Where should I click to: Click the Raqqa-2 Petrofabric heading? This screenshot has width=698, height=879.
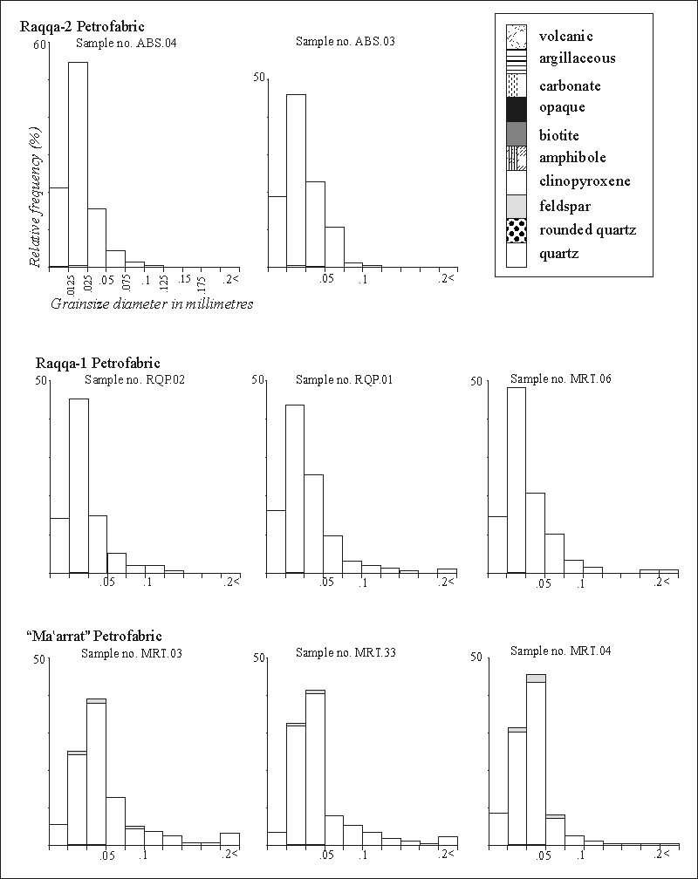click(88, 25)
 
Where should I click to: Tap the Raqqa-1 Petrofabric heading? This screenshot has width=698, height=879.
click(98, 363)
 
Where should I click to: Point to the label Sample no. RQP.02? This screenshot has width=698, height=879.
click(134, 379)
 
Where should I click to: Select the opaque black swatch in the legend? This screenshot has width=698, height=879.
click(517, 108)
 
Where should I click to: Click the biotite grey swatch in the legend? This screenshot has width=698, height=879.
click(517, 133)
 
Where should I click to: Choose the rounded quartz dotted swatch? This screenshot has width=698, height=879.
click(517, 230)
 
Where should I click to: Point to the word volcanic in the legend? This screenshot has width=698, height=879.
click(566, 37)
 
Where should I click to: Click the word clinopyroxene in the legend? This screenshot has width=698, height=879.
click(584, 181)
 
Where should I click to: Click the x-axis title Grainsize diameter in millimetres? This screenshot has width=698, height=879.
click(151, 304)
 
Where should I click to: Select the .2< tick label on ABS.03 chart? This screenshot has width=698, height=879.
click(448, 278)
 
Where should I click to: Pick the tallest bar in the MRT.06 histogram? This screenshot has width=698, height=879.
click(517, 480)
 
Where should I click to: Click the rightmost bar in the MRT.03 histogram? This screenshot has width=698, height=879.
click(229, 839)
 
